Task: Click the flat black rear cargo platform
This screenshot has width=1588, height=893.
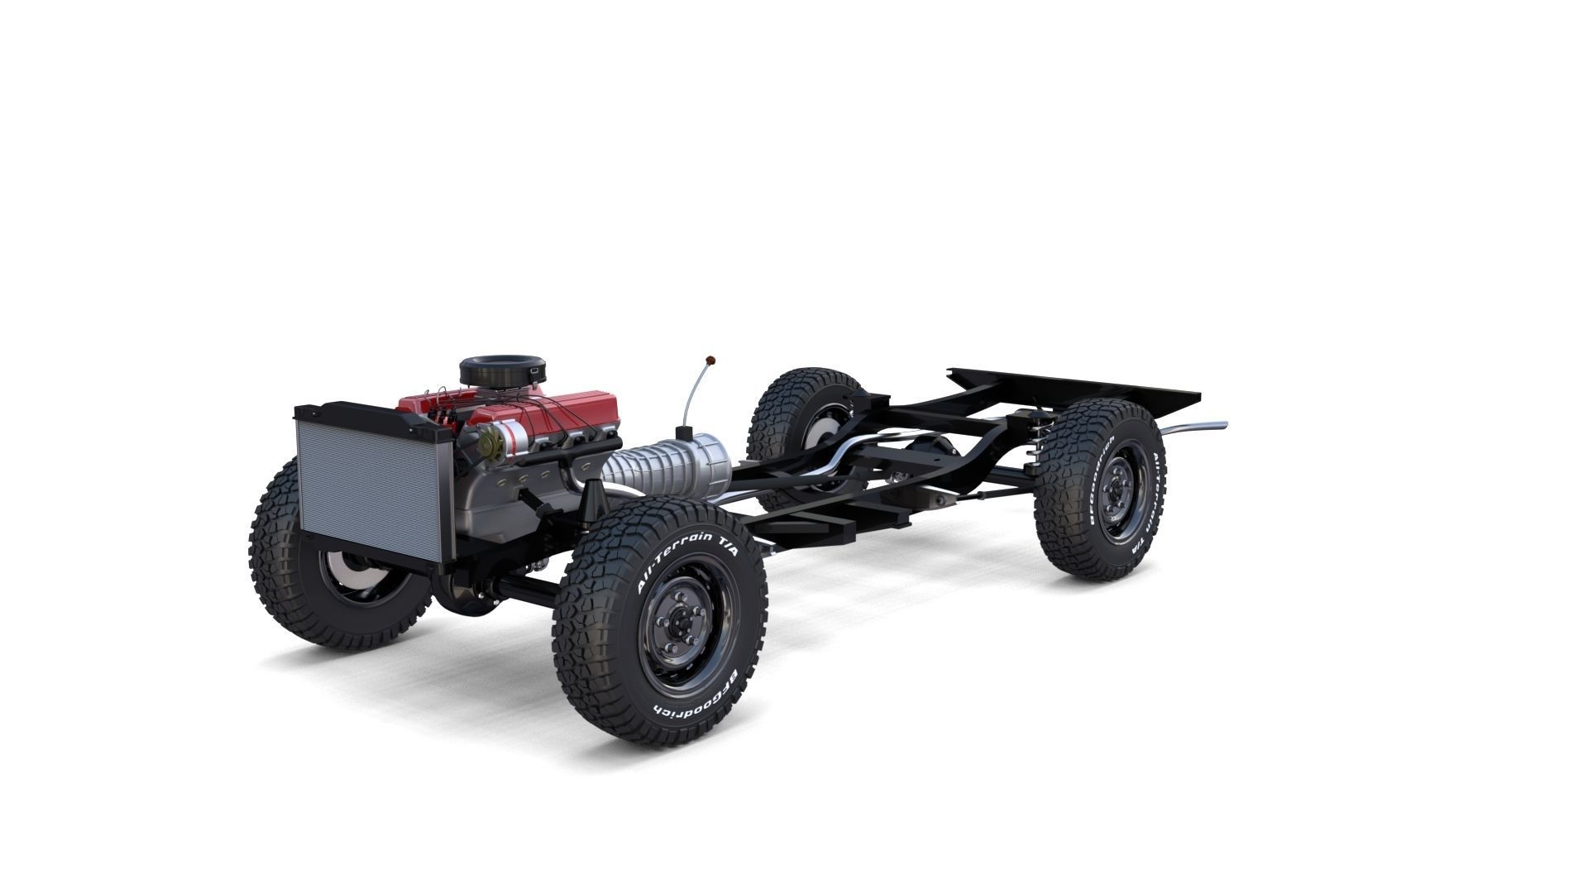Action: (x=1075, y=389)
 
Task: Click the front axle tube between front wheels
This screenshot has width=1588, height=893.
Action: (x=525, y=589)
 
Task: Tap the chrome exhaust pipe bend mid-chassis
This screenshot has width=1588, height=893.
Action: (x=844, y=453)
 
